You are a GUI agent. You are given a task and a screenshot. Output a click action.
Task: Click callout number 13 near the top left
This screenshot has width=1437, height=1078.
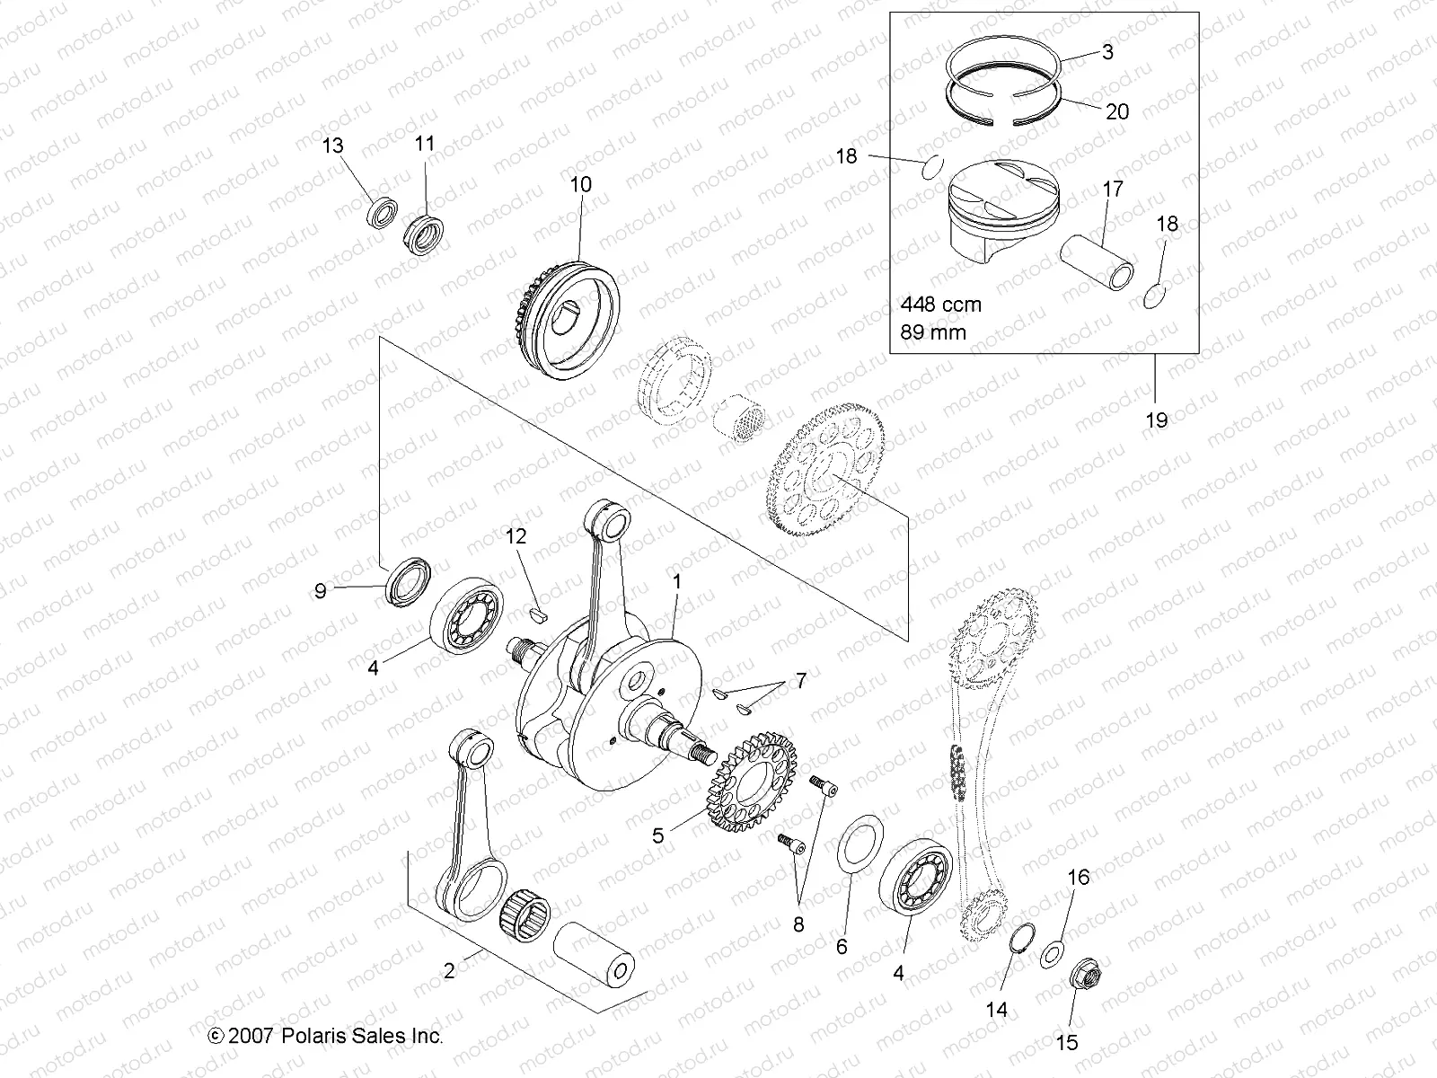pos(332,146)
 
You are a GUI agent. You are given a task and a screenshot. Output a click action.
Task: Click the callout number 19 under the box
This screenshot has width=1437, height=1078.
pos(1157,420)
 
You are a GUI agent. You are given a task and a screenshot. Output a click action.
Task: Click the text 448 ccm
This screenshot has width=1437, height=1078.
pos(939,305)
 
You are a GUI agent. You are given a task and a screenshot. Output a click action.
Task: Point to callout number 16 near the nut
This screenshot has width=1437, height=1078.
pos(1078,877)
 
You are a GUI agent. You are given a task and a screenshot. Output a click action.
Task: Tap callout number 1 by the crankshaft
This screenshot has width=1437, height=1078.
pos(677,581)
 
